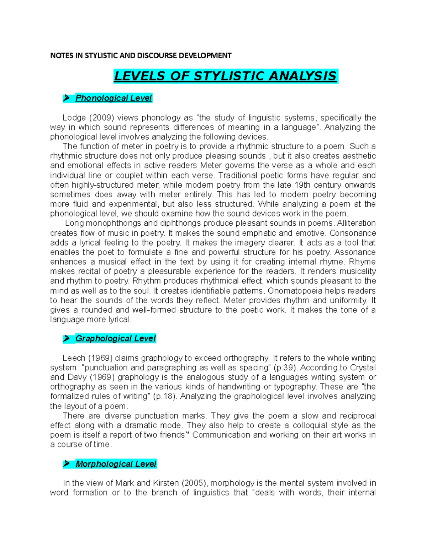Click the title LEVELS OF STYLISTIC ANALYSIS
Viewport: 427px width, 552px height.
point(225,76)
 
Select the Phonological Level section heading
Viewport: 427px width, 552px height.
point(114,98)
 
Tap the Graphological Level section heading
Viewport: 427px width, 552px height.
point(115,338)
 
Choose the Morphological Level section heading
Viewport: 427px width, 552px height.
point(116,464)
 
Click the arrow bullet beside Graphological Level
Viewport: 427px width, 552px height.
point(66,339)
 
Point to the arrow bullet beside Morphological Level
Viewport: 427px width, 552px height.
point(66,464)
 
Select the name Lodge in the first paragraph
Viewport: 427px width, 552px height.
point(73,118)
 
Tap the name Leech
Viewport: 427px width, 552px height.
point(74,358)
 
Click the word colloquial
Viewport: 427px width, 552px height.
point(309,425)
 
